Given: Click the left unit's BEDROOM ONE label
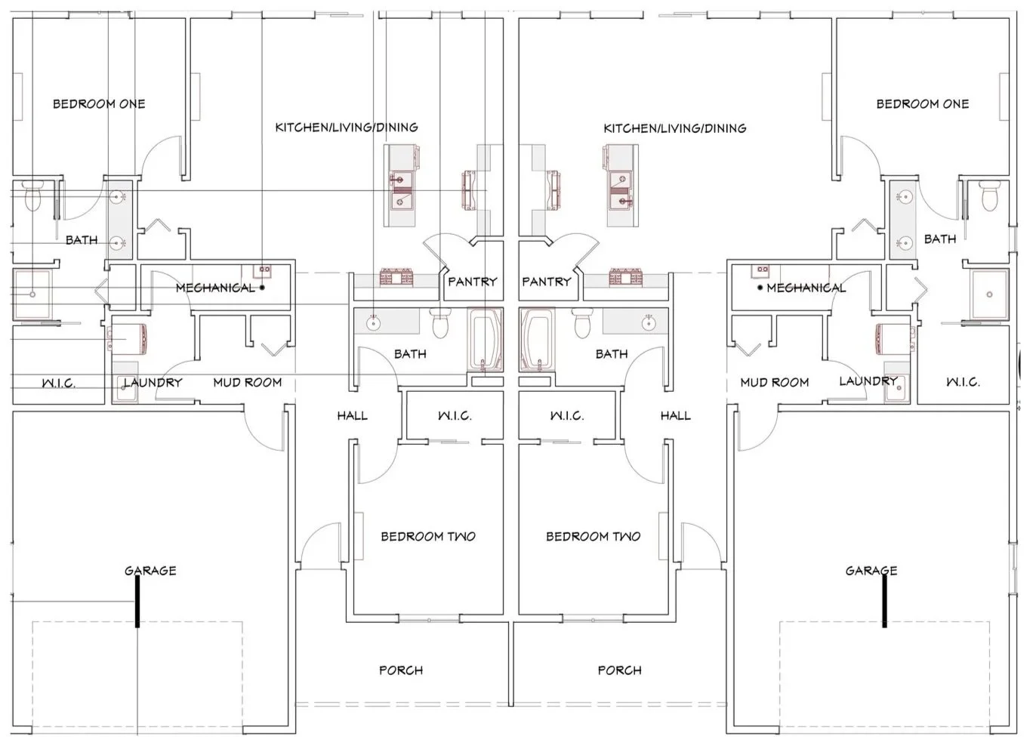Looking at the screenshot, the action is click(99, 104).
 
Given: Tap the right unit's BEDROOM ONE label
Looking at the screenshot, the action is click(922, 104).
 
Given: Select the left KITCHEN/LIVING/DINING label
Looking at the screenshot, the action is click(347, 128).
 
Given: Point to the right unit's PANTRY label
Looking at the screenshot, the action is click(547, 281).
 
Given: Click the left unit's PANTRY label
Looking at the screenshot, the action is click(473, 281).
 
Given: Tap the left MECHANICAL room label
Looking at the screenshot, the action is click(215, 288).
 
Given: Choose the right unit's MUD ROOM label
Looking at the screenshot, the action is click(774, 382).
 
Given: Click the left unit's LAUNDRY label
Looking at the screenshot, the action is click(153, 382).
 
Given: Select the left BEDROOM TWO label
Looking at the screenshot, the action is click(428, 536).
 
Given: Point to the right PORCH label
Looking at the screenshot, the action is click(619, 670).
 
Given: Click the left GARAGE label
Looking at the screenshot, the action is click(150, 571).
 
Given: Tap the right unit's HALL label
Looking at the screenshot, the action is click(676, 416).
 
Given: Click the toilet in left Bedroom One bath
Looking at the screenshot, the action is click(32, 196).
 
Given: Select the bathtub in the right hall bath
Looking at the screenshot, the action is click(537, 340).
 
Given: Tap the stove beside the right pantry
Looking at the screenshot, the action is click(626, 276).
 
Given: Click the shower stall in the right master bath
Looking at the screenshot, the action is click(989, 294).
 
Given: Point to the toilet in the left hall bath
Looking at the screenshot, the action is click(440, 323).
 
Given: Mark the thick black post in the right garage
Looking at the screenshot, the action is click(884, 602).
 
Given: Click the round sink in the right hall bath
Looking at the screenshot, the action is click(649, 323).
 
